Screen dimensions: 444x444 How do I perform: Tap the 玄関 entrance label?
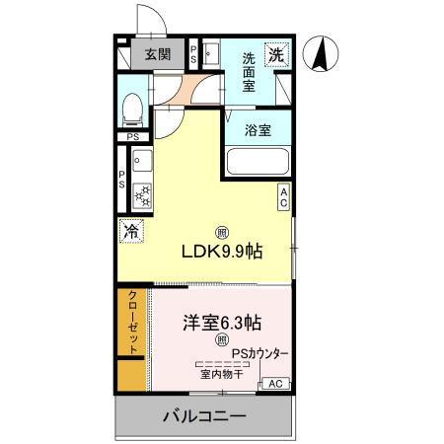158,55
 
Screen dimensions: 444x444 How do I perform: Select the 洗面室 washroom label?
257,70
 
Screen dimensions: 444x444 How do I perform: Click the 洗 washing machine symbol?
279,55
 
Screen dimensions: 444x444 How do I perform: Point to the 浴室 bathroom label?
259,129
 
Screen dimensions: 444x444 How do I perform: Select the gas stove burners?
141,193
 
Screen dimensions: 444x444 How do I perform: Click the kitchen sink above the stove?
139,160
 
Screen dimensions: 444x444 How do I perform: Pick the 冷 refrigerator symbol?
130,232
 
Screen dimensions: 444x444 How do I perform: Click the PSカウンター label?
260,353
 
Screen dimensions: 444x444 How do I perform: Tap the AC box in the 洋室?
275,384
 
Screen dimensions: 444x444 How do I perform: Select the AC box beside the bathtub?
283,197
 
